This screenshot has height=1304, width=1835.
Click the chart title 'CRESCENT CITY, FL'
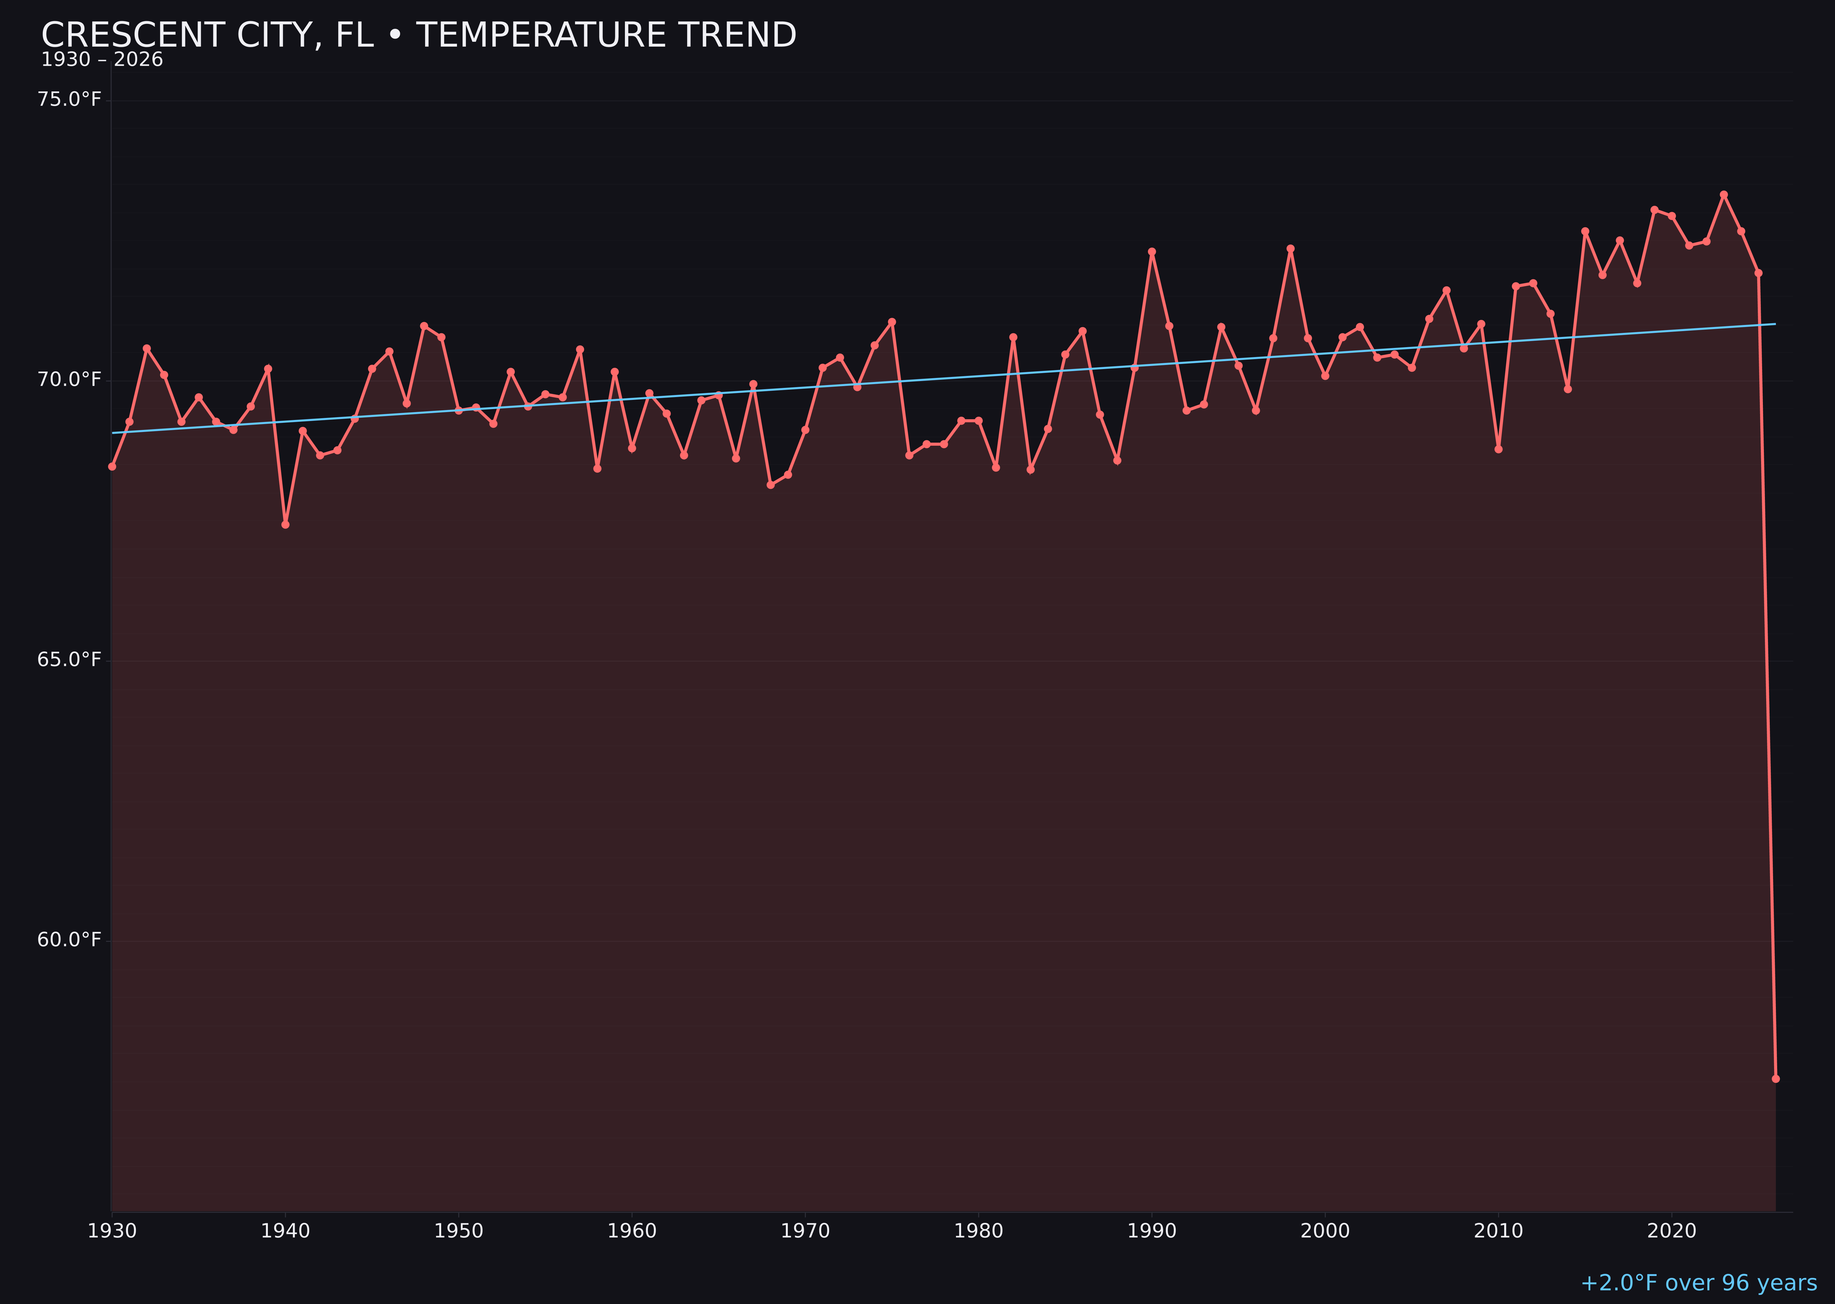pyautogui.click(x=418, y=35)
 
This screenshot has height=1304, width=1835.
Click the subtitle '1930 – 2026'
pyautogui.click(x=102, y=60)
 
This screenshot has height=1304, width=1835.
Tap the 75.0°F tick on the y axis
pyautogui.click(x=69, y=99)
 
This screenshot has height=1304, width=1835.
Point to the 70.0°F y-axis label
pyautogui.click(x=69, y=380)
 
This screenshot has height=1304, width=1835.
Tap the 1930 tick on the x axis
pyautogui.click(x=112, y=1232)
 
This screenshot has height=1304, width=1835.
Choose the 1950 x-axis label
pyautogui.click(x=459, y=1232)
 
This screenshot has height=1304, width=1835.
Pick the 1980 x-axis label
pyautogui.click(x=979, y=1232)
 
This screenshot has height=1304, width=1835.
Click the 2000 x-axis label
pyautogui.click(x=1325, y=1232)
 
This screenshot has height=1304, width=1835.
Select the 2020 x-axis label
pyautogui.click(x=1672, y=1232)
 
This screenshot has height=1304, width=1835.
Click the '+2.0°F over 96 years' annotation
pyautogui.click(x=1698, y=1283)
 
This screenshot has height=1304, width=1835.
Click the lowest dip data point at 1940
pyautogui.click(x=285, y=525)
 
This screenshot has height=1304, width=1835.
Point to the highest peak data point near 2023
pyautogui.click(x=1724, y=194)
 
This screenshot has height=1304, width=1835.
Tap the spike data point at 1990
pyautogui.click(x=1151, y=251)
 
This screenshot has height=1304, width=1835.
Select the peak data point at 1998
pyautogui.click(x=1290, y=249)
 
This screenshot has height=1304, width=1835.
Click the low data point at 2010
pyautogui.click(x=1498, y=449)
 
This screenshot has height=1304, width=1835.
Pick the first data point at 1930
pyautogui.click(x=112, y=466)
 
